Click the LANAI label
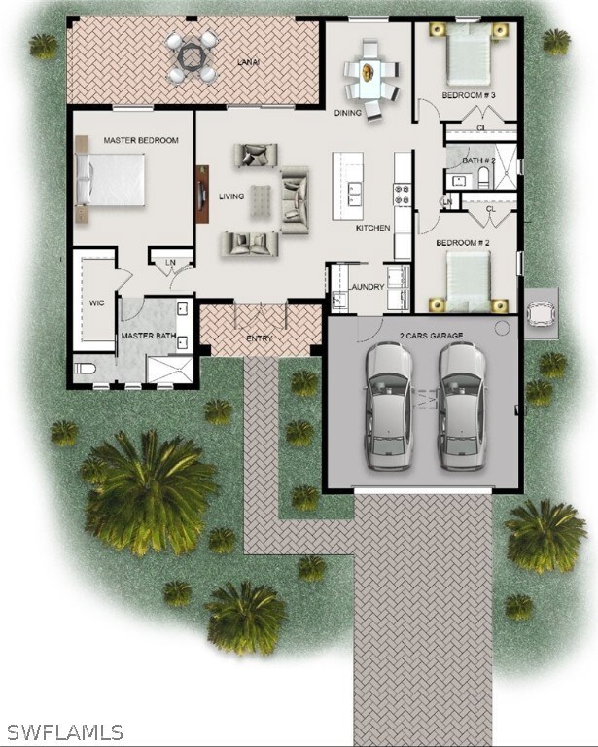(x=247, y=62)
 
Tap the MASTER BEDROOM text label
(x=141, y=141)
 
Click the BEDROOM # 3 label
(x=469, y=95)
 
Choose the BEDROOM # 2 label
(x=461, y=242)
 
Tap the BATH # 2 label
(x=478, y=160)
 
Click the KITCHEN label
(x=372, y=228)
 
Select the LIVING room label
(x=230, y=196)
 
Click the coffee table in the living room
(x=261, y=199)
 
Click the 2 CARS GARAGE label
(x=431, y=335)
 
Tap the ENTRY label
(x=260, y=338)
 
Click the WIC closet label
(x=97, y=302)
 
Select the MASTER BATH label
(x=148, y=337)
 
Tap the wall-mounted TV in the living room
(x=202, y=195)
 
